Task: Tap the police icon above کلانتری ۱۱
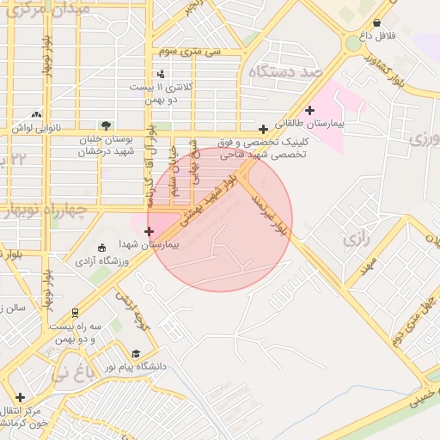coord(161,74)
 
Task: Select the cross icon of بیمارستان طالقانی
coord(310,109)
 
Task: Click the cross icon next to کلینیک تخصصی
coord(263,130)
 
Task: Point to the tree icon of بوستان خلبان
coord(106,125)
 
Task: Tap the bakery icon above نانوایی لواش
coord(36,113)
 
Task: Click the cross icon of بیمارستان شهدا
coord(150,230)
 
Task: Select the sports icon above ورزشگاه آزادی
coord(102,247)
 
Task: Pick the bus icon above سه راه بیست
coord(76,313)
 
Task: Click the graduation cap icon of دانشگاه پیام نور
coord(135,353)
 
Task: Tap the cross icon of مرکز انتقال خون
coord(20,397)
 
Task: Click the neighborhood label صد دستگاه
coord(284,71)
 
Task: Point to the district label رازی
coord(356,239)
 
